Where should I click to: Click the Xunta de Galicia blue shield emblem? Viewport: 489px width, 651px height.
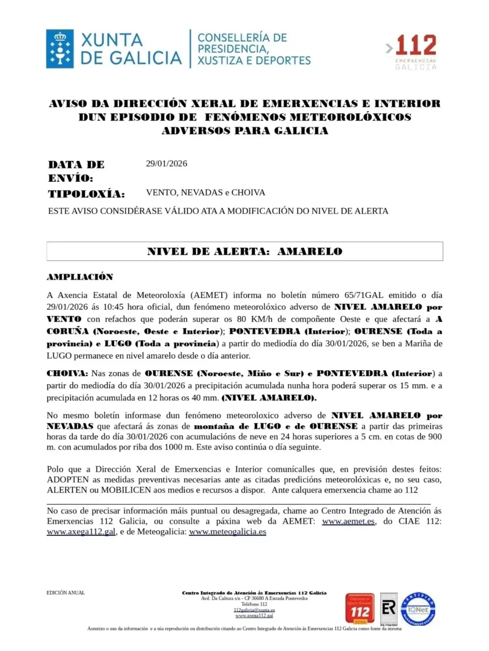[60, 49]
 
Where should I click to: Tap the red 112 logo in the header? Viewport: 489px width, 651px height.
[415, 46]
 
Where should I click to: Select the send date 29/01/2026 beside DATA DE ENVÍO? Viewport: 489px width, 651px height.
[166, 164]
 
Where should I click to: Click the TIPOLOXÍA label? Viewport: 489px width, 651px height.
[86, 194]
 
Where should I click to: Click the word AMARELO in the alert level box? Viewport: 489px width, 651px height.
[310, 252]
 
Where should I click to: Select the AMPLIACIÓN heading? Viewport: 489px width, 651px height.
[80, 277]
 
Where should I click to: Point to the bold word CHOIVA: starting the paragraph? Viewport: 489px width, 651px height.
[67, 373]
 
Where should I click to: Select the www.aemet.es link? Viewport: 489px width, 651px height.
[348, 521]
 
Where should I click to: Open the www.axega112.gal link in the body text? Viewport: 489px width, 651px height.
[81, 532]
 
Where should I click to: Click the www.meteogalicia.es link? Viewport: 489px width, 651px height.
[227, 532]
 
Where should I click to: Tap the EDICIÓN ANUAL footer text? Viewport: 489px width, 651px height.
[66, 593]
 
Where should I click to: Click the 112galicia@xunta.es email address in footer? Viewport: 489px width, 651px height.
[254, 610]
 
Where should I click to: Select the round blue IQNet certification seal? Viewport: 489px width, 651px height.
[418, 609]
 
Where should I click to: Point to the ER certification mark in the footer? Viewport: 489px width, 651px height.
[389, 608]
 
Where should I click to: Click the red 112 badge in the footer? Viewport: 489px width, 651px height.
[360, 608]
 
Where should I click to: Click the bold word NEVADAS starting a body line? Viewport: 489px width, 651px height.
[70, 426]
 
